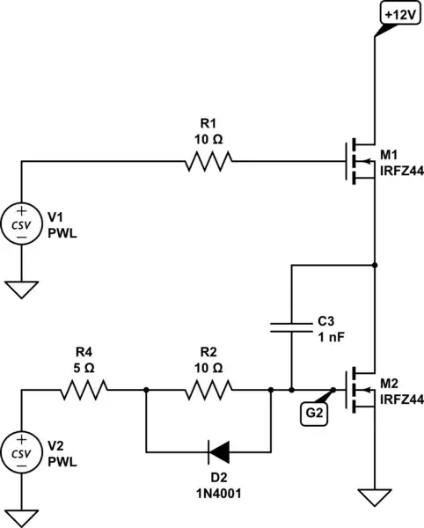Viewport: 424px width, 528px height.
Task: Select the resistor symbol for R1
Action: tap(208, 161)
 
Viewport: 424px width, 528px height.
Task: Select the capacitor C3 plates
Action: tap(290, 328)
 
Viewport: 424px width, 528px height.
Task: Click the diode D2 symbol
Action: tap(221, 452)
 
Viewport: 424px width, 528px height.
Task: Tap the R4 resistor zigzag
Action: tap(83, 389)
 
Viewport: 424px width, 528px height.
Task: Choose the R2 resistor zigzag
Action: tap(208, 389)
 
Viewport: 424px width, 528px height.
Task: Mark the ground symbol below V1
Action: tap(21, 287)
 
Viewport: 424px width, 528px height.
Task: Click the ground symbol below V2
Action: tap(21, 515)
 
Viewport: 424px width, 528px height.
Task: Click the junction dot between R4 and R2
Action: tap(145, 389)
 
